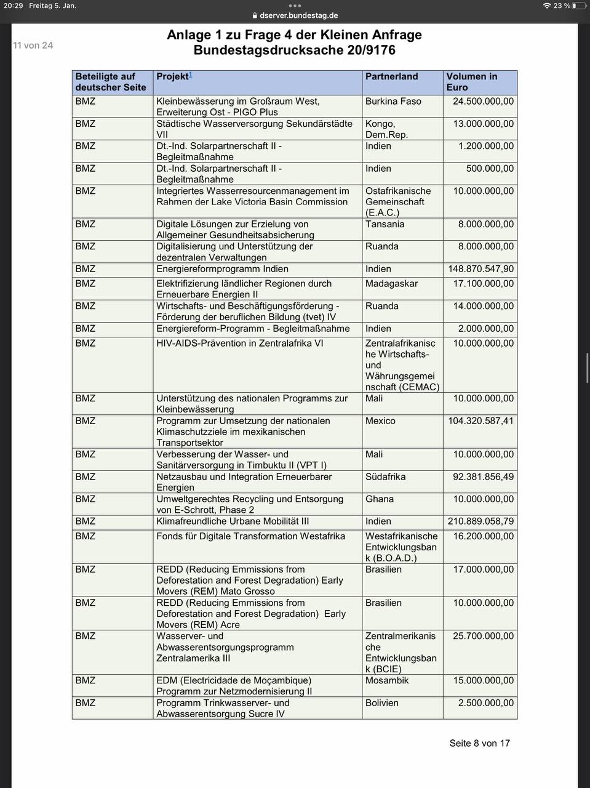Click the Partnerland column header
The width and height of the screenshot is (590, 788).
click(391, 76)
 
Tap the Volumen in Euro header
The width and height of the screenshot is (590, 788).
click(471, 82)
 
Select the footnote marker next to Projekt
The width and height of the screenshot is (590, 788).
click(191, 74)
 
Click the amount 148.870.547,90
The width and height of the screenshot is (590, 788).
click(480, 269)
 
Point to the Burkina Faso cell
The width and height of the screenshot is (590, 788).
click(393, 101)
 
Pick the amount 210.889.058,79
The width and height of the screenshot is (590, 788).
click(480, 521)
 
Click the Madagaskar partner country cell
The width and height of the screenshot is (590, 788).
click(391, 284)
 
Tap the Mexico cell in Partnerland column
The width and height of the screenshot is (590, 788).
click(380, 421)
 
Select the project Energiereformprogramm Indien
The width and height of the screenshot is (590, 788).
click(222, 269)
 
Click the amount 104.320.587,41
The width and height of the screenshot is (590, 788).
click(480, 421)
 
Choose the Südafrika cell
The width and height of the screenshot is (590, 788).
click(385, 477)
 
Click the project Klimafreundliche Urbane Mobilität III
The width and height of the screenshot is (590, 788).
click(233, 521)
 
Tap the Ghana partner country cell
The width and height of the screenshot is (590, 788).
click(380, 499)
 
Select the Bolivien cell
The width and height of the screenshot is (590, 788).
click(382, 703)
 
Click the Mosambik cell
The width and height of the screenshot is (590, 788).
click(387, 681)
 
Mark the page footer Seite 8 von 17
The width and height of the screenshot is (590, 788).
click(479, 743)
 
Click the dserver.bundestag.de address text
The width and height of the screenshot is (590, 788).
click(298, 16)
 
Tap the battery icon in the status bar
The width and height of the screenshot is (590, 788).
click(578, 6)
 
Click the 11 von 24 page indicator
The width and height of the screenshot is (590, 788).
click(33, 46)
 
